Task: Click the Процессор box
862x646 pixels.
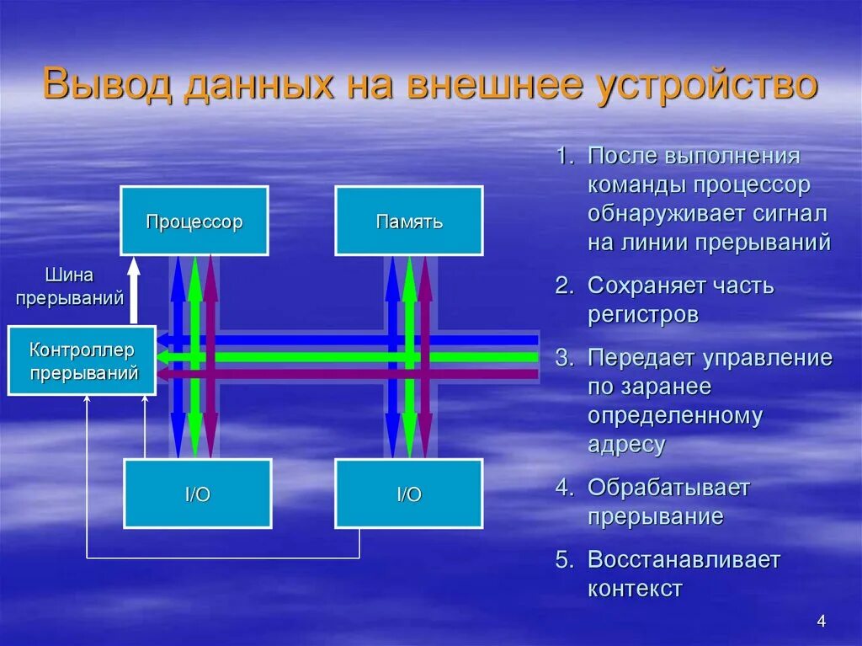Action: pyautogui.click(x=194, y=221)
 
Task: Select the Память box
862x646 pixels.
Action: pyautogui.click(x=409, y=221)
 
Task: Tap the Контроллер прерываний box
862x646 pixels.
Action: pyautogui.click(x=82, y=360)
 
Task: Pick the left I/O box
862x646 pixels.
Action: pyautogui.click(x=198, y=494)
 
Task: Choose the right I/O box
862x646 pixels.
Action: pyautogui.click(x=409, y=494)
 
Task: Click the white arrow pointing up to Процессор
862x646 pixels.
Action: pyautogui.click(x=133, y=291)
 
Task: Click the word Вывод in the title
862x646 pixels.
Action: pyautogui.click(x=107, y=87)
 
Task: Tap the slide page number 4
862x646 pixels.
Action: pyautogui.click(x=821, y=622)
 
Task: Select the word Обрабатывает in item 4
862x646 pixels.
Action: pyautogui.click(x=668, y=488)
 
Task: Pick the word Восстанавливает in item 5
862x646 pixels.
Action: pyautogui.click(x=684, y=560)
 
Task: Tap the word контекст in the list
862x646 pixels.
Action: pyautogui.click(x=635, y=589)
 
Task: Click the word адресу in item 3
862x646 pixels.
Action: pyautogui.click(x=626, y=445)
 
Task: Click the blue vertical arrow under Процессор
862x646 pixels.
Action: pyautogui.click(x=178, y=354)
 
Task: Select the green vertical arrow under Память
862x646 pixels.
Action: pyautogui.click(x=409, y=354)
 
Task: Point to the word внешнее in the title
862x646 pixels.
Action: pyautogui.click(x=498, y=87)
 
